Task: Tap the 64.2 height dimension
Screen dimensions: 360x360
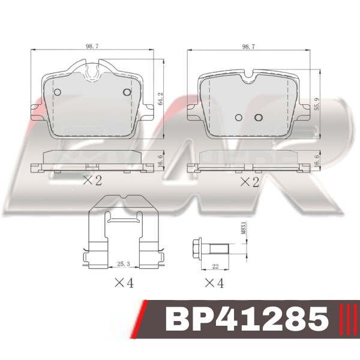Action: tap(160, 99)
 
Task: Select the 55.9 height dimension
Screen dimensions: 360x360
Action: tap(317, 104)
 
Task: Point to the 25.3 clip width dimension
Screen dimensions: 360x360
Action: tap(124, 264)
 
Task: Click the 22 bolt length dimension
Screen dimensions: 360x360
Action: tap(215, 266)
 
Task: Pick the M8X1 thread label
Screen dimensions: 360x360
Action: tap(244, 228)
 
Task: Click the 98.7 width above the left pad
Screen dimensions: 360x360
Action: tap(92, 46)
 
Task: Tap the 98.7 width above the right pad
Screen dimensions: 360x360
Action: tap(248, 47)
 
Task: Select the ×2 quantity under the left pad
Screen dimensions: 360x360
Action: tap(92, 181)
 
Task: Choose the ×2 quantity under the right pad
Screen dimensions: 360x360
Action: tap(250, 182)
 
